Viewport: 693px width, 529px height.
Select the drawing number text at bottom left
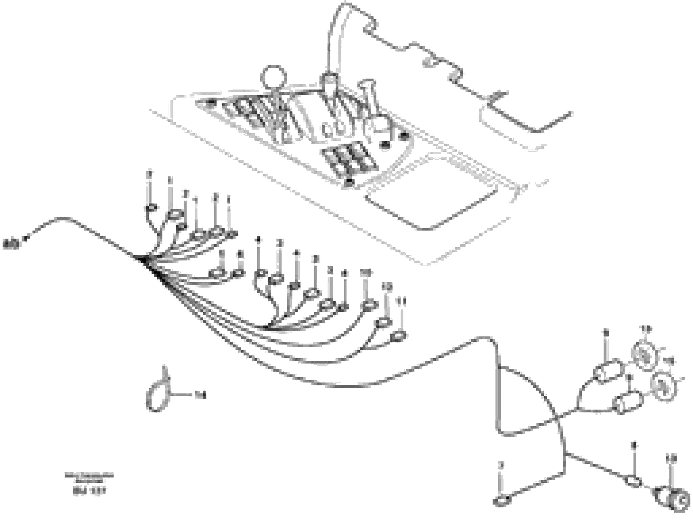[89, 491]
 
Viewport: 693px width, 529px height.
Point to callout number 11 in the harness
[401, 301]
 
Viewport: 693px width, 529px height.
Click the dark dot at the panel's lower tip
[349, 182]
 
